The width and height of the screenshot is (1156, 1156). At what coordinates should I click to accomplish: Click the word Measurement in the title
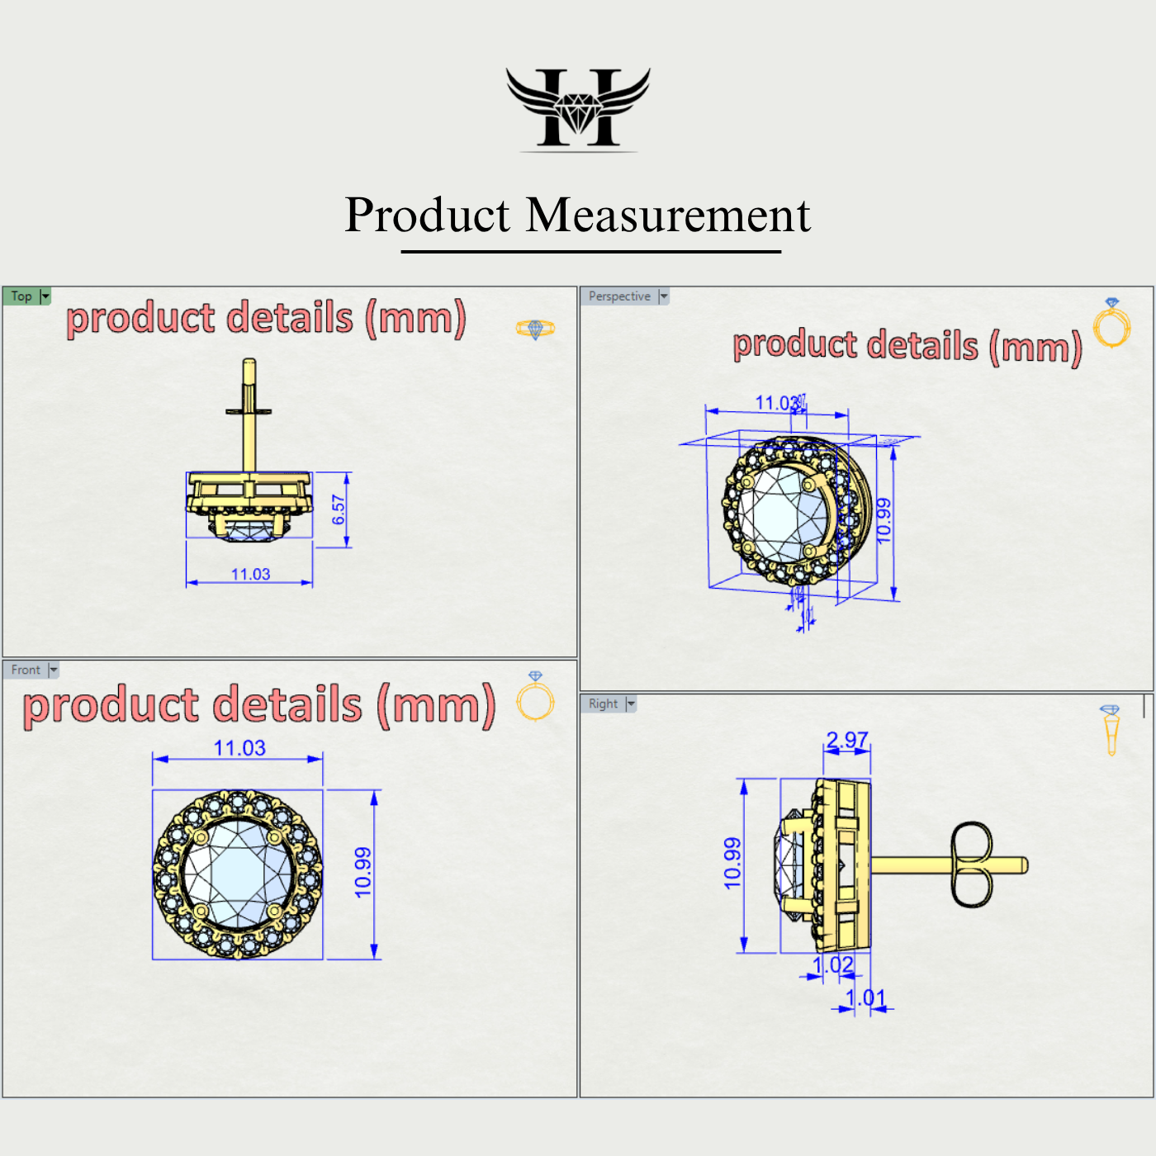click(668, 216)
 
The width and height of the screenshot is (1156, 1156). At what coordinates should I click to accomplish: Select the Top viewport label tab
click(21, 296)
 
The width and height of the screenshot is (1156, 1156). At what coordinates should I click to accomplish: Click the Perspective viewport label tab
click(619, 296)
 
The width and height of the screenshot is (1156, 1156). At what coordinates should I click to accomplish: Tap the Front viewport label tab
click(26, 670)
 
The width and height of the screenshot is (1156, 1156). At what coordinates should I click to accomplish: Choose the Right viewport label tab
click(603, 704)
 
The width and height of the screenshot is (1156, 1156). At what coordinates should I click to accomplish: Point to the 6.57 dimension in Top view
click(339, 509)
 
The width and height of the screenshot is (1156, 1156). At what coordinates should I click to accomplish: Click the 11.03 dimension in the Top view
click(250, 574)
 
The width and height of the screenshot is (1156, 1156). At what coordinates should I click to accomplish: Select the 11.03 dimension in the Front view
click(239, 748)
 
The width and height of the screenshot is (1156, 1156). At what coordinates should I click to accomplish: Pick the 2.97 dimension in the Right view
click(847, 739)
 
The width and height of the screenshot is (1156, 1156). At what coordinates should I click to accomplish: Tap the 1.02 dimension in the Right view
click(832, 965)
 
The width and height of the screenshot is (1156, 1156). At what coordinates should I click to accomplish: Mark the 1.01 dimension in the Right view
click(865, 998)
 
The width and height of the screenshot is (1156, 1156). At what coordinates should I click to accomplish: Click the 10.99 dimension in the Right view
click(732, 864)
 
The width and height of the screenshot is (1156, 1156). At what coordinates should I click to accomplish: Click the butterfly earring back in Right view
click(971, 865)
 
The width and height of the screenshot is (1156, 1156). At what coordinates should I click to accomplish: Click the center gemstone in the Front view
click(238, 874)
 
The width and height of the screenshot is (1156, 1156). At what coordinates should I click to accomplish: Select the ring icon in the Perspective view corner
click(1111, 324)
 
